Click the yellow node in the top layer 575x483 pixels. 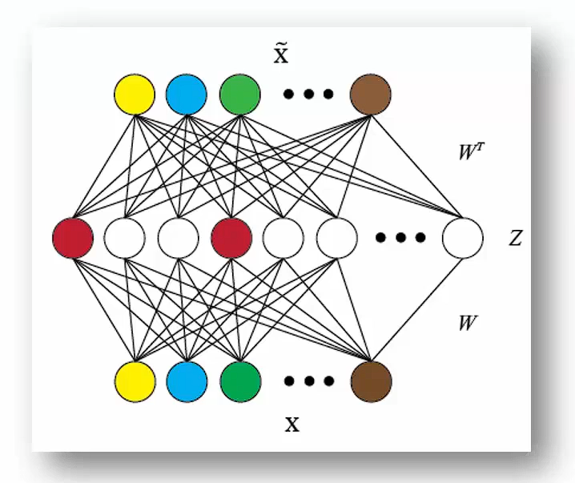pos(134,94)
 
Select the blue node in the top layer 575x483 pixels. pos(187,94)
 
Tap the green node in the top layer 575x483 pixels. pos(239,94)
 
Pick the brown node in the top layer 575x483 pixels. pos(371,94)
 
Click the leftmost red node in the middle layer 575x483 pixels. pos(72,238)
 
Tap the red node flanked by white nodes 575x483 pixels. pos(231,238)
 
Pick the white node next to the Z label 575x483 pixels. pos(463,238)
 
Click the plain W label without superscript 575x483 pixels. pos(468,323)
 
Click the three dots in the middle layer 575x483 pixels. pos(400,238)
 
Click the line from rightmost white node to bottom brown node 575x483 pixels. pos(416,309)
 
